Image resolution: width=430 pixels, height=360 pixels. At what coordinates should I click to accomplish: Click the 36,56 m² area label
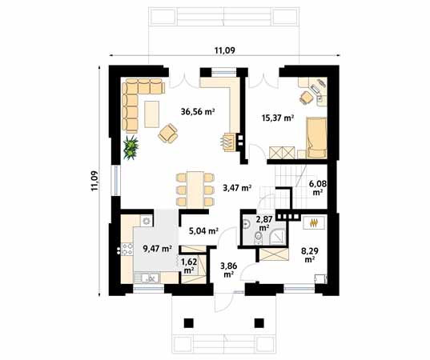click(198, 113)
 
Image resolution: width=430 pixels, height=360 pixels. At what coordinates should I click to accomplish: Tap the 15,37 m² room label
click(278, 118)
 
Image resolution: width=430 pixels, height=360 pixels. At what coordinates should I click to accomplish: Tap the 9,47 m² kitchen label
click(158, 249)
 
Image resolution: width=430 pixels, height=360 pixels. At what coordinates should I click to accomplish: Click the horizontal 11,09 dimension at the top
click(224, 51)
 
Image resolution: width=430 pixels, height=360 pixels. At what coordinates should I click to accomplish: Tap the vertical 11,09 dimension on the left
click(94, 181)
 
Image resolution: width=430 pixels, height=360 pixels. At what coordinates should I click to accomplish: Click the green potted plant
click(132, 146)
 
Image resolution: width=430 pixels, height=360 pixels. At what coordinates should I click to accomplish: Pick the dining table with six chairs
click(192, 186)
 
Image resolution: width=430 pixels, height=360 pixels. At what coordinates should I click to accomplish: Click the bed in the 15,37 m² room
click(316, 136)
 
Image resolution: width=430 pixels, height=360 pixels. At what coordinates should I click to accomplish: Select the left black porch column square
click(189, 323)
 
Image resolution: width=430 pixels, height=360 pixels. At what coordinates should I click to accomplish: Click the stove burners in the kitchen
click(147, 221)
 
